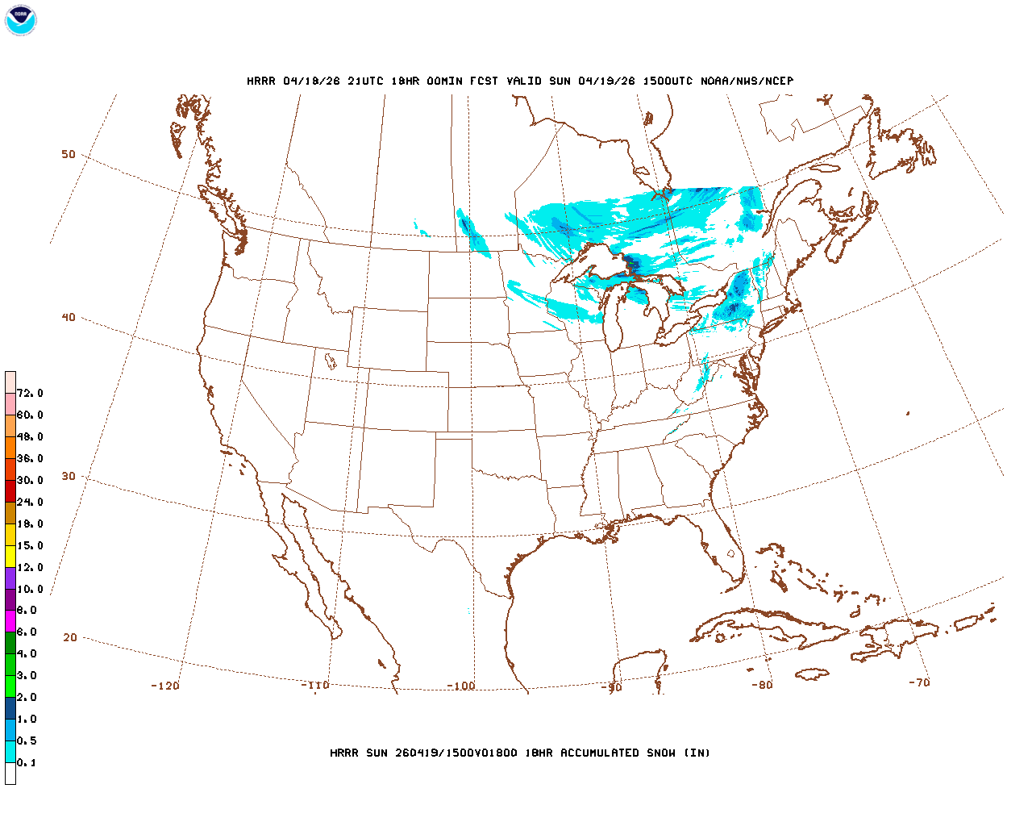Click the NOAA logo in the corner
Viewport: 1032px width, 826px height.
(x=20, y=20)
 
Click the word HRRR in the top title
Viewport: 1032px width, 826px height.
(x=261, y=81)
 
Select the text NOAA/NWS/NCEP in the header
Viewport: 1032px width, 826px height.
(x=747, y=81)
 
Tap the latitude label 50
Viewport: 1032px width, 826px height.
(x=69, y=154)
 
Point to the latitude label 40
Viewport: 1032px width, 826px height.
(x=69, y=317)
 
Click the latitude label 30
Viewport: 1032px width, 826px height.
(x=69, y=476)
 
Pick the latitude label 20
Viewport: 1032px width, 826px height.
(x=70, y=637)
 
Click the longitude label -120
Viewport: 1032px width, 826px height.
(x=165, y=686)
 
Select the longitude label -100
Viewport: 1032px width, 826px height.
(x=461, y=686)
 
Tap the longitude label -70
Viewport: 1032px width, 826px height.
(x=919, y=682)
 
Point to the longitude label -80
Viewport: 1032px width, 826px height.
(x=762, y=685)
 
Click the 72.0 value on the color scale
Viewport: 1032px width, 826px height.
(x=30, y=394)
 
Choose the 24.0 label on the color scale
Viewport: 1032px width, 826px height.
(x=30, y=502)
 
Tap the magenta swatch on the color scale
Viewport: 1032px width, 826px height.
(x=10, y=621)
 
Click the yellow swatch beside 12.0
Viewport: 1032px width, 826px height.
(x=10, y=556)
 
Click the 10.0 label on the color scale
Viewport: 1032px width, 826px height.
(x=30, y=589)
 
